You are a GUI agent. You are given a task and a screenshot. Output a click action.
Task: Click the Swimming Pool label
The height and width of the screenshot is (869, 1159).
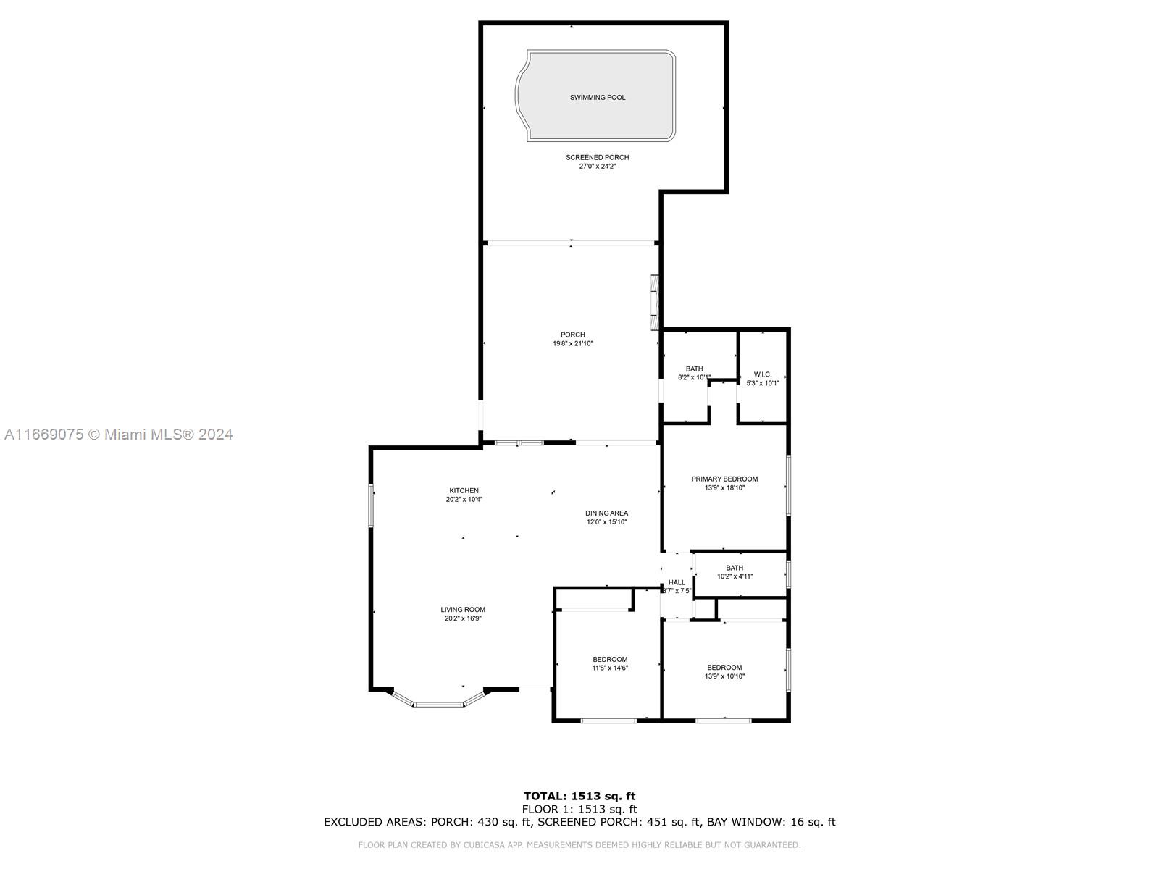tap(597, 98)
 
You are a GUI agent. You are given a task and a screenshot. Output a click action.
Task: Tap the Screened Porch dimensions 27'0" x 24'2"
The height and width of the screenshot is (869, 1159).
tap(597, 167)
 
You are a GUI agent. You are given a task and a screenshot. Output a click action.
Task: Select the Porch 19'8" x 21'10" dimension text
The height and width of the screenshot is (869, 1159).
tap(573, 343)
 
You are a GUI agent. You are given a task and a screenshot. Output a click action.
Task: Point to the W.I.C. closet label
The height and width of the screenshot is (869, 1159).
tap(763, 374)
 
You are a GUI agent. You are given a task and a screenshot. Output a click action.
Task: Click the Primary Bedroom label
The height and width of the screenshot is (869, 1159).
tap(724, 479)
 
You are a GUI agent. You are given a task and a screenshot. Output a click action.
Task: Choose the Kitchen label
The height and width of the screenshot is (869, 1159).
tap(464, 491)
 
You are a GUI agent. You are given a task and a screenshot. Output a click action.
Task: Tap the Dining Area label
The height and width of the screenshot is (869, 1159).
tap(607, 513)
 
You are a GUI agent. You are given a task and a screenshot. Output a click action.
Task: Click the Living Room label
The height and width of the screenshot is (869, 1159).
tap(463, 610)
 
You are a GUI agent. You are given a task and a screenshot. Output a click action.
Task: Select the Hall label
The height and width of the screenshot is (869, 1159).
tap(677, 582)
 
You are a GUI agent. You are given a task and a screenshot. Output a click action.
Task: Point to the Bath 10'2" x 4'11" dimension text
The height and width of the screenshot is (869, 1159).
tap(735, 576)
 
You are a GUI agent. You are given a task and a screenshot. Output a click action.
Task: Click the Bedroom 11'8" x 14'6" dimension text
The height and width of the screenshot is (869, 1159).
tap(610, 668)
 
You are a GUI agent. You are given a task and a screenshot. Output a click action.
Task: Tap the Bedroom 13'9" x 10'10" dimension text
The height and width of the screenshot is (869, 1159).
tap(724, 676)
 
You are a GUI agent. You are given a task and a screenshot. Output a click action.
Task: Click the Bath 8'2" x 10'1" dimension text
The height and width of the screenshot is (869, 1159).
tap(694, 378)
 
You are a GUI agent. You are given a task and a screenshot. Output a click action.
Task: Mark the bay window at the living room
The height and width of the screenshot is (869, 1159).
tap(438, 704)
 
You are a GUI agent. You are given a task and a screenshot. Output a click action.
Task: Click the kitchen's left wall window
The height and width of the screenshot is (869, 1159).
tap(371, 505)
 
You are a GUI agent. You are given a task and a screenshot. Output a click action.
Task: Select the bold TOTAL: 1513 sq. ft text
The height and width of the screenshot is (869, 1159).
tap(579, 796)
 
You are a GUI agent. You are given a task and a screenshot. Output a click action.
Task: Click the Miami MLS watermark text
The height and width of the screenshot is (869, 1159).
tap(118, 434)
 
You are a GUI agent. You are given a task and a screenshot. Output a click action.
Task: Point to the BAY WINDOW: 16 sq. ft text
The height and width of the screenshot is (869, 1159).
tap(771, 822)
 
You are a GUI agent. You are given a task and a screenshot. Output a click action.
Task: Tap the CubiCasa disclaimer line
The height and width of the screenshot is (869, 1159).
tap(579, 845)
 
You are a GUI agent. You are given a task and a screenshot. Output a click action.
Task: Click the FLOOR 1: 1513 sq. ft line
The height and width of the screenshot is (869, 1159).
tap(579, 810)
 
